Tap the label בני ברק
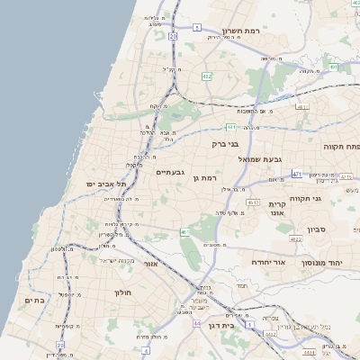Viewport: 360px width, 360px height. (226, 143)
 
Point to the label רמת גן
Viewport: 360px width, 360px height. (207, 179)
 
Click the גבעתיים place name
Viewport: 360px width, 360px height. (170, 172)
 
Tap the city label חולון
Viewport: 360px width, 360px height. (122, 293)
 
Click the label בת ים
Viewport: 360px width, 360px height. (35, 301)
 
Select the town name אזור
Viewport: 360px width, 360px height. (150, 264)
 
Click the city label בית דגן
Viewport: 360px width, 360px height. (220, 325)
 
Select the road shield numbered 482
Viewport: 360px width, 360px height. (207, 76)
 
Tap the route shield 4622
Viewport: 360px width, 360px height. (295, 238)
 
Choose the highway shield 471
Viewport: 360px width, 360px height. (297, 173)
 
